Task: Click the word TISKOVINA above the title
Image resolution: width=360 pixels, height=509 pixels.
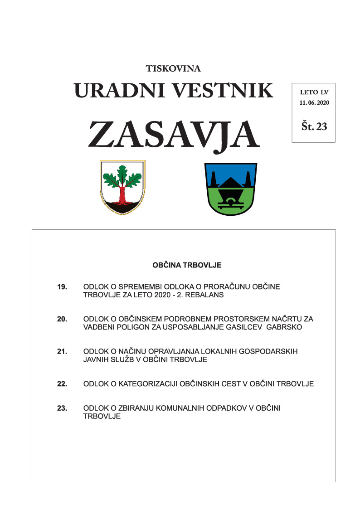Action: coord(173,69)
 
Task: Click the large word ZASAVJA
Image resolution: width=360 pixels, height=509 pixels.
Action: coord(174,134)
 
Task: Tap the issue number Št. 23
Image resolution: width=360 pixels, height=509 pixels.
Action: coord(314,126)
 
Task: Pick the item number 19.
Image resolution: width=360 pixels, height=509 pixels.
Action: coord(62,287)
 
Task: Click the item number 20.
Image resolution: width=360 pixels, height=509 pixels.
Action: coord(62,319)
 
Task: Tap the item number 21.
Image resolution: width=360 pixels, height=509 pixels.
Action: coord(62,351)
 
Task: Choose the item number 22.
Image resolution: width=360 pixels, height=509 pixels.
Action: coord(62,384)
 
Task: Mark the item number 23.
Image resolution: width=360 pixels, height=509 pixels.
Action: coord(62,408)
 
